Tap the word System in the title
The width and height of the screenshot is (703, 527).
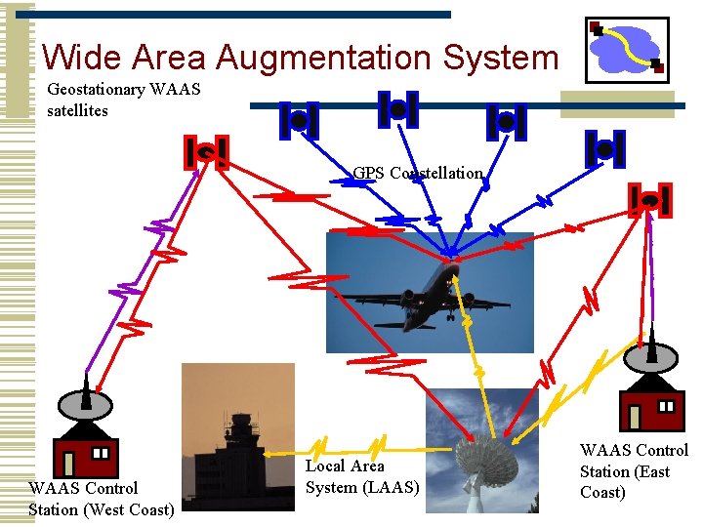point(500,58)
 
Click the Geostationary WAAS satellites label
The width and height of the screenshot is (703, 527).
point(123,100)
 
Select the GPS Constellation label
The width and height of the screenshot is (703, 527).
point(418,173)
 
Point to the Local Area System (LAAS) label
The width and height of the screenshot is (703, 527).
point(361,476)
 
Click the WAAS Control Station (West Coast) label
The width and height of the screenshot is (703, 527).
point(102,498)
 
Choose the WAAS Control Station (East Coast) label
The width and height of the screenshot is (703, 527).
point(634,471)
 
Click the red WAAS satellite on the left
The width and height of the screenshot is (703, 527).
point(207,152)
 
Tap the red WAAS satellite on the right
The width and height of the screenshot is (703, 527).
point(651,200)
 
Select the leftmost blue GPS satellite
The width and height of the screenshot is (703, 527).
point(299,120)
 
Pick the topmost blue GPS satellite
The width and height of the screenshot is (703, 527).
point(398,109)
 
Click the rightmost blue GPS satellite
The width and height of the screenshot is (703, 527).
point(605,148)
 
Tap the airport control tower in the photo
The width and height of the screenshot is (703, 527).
point(239,440)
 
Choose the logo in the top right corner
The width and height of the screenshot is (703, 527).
point(627,49)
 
